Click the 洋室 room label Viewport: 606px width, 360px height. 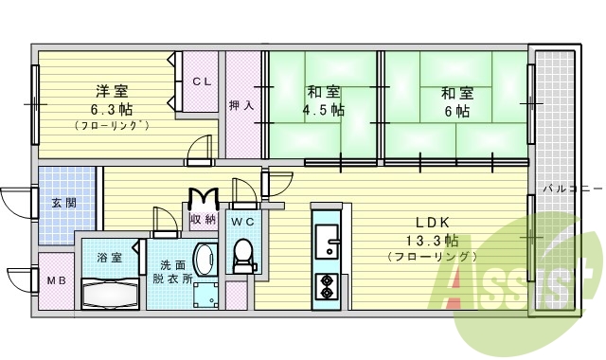point(111,91)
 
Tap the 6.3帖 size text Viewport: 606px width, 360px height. point(111,108)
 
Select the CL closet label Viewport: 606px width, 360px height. point(203,82)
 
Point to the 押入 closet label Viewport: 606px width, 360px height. point(241,105)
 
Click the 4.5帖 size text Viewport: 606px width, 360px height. point(324,110)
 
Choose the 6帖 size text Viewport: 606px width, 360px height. point(455,110)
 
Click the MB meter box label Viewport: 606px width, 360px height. point(56,280)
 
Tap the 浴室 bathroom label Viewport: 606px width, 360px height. point(108,258)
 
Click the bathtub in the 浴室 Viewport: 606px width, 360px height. point(111,293)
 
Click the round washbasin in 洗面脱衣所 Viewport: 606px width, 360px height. point(205,260)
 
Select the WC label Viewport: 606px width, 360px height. point(242,221)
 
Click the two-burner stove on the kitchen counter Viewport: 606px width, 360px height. point(327,284)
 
